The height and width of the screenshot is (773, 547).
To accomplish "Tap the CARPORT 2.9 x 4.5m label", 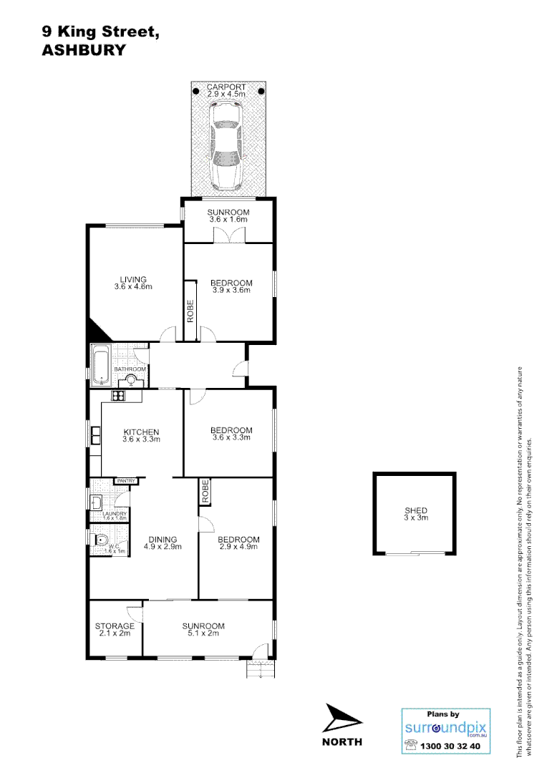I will (x=226, y=90).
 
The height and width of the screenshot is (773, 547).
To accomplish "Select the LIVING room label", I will (x=133, y=283).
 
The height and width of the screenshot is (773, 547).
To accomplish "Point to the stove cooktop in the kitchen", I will (x=118, y=396).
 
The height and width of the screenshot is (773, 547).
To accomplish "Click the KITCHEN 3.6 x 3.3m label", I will (x=141, y=435).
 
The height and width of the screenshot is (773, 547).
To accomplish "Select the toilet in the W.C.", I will (x=100, y=541).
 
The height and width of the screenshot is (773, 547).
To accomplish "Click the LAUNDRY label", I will (x=115, y=515).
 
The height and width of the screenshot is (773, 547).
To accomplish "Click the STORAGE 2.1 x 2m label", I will (x=115, y=629).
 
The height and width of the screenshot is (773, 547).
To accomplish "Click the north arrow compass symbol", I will (x=341, y=718).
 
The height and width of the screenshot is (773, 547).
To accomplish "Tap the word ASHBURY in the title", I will (x=84, y=50).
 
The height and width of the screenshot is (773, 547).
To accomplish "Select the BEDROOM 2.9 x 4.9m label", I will (x=238, y=543).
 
